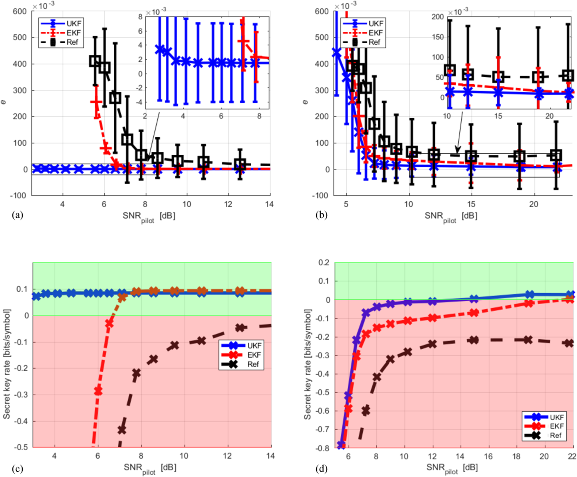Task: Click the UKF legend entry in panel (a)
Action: tap(73, 23)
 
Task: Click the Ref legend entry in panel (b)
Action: tap(374, 42)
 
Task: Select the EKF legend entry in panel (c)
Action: tap(254, 355)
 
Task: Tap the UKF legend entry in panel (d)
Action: tap(556, 417)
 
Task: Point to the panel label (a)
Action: tap(17, 215)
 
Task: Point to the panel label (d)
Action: tap(321, 468)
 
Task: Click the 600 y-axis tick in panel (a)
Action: tap(20, 12)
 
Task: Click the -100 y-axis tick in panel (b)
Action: tap(320, 196)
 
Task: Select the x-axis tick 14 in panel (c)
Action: tap(270, 456)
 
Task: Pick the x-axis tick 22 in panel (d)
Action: tap(572, 457)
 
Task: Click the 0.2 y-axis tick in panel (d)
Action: tap(324, 263)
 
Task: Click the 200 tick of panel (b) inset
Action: tap(437, 17)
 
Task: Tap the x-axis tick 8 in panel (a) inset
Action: tap(259, 116)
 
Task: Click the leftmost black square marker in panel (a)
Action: tap(95, 61)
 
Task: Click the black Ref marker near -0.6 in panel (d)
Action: tap(366, 411)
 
